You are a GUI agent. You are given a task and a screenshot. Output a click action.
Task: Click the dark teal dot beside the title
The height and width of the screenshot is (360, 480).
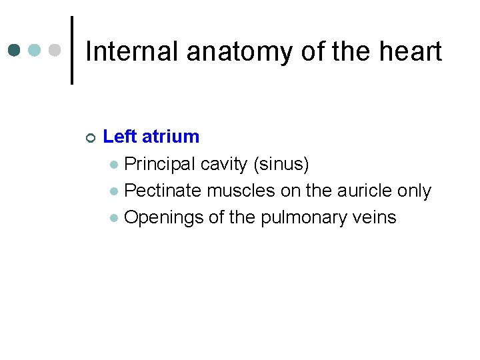pos(15,50)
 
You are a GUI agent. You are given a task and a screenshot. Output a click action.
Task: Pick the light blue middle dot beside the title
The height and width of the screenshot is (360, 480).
pos(35,50)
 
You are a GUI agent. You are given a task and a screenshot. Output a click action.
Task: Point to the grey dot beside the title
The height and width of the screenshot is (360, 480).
pos(55,50)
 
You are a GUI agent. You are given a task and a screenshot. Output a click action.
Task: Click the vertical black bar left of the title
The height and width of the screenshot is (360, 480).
pos(72,50)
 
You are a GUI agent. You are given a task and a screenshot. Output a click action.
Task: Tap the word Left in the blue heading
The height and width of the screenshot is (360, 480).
pos(119,137)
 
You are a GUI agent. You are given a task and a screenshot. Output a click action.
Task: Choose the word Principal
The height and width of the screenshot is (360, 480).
pos(160,164)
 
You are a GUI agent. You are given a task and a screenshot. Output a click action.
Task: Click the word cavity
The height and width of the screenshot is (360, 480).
pos(223,164)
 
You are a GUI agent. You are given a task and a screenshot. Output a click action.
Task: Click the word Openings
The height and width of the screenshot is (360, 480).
pos(163,218)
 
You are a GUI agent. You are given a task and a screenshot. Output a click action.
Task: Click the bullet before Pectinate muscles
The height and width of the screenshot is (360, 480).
pos(115,192)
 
